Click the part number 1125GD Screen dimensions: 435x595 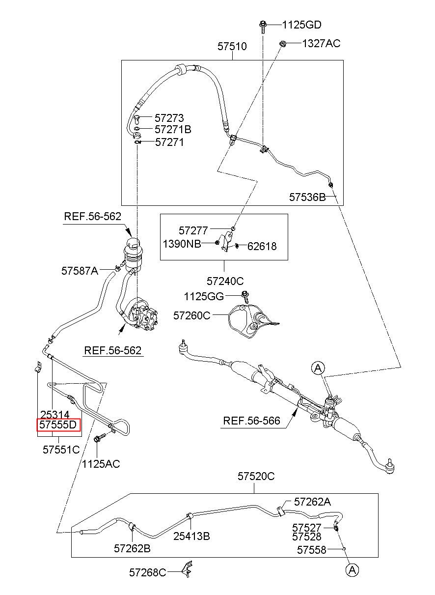tap(301, 25)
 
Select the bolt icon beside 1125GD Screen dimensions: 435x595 tap(263, 27)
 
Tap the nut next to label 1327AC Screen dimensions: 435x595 tap(282, 44)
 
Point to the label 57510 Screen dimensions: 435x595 tap(232, 46)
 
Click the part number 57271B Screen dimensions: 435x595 tap(173, 129)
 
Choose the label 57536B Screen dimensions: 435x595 tap(307, 197)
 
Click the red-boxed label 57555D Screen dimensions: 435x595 tap(58, 425)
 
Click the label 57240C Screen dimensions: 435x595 tap(225, 281)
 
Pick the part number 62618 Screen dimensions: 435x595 tap(262, 246)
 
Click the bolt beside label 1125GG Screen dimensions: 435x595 tap(245, 297)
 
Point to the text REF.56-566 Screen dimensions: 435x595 tap(251, 421)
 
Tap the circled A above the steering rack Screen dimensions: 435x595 tap(318, 368)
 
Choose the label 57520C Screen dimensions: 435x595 tap(256, 476)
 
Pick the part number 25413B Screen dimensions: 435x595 tap(191, 537)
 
